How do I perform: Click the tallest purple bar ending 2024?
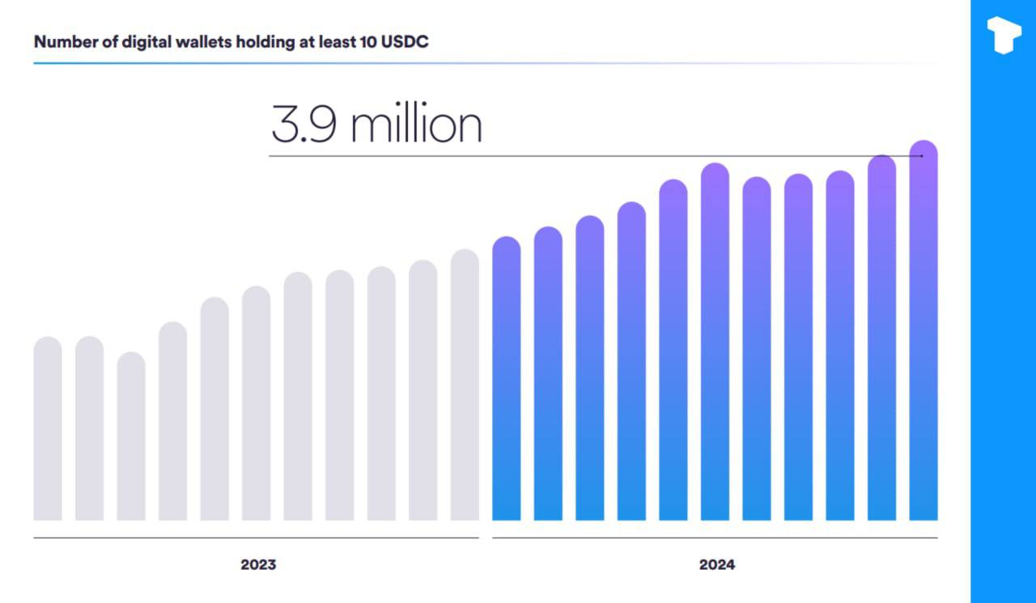point(923,332)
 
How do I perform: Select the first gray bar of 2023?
point(48,429)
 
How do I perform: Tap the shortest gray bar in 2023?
point(131,437)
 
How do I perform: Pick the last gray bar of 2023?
point(465,384)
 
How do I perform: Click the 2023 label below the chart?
point(258,565)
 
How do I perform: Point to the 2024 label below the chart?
point(717,565)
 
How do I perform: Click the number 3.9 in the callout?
point(304,125)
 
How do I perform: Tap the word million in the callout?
point(417,125)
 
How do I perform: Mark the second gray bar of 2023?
point(90,429)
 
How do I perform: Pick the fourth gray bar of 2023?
point(173,421)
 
